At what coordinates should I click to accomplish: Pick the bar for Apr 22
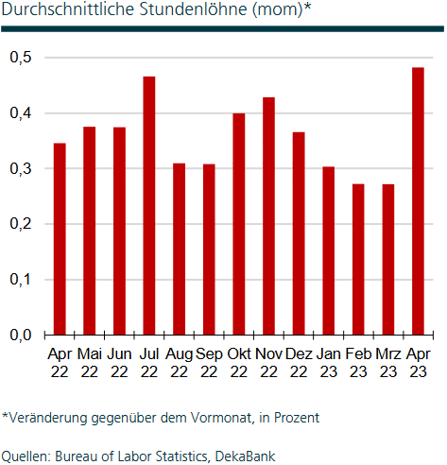click(x=60, y=238)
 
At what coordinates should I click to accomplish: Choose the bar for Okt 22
click(x=239, y=224)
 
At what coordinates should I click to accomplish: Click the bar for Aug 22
click(x=179, y=249)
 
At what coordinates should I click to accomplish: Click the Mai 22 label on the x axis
click(x=90, y=363)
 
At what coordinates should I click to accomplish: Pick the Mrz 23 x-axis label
click(x=388, y=363)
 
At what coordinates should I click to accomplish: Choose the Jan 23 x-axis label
click(x=328, y=363)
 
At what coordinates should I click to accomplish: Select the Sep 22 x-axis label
click(x=209, y=363)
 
